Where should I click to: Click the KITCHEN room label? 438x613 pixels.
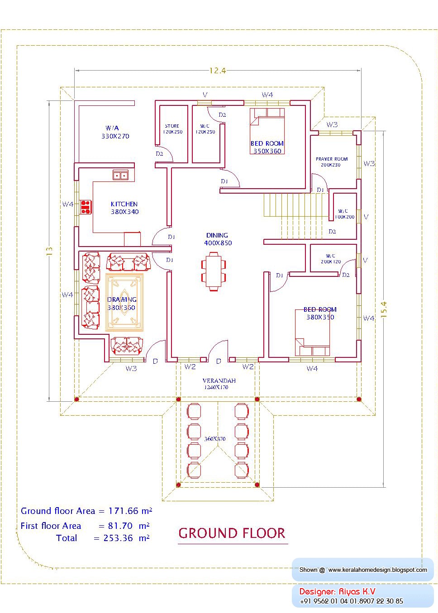coord(124,204)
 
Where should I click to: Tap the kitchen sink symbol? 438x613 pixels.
coord(120,175)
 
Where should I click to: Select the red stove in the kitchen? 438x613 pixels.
coord(86,207)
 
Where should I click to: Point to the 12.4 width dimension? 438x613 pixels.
coord(217,71)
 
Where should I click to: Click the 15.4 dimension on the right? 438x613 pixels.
coord(384,310)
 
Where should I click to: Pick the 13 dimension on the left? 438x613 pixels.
coord(49,251)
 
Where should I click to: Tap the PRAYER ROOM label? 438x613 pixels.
coord(332,159)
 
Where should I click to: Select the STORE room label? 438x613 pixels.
coord(172,126)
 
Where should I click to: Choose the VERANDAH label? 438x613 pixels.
coord(219,380)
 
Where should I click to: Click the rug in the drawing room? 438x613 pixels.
coord(124,302)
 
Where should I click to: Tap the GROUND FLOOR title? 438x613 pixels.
coord(232,533)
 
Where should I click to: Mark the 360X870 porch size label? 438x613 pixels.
coord(214,439)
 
